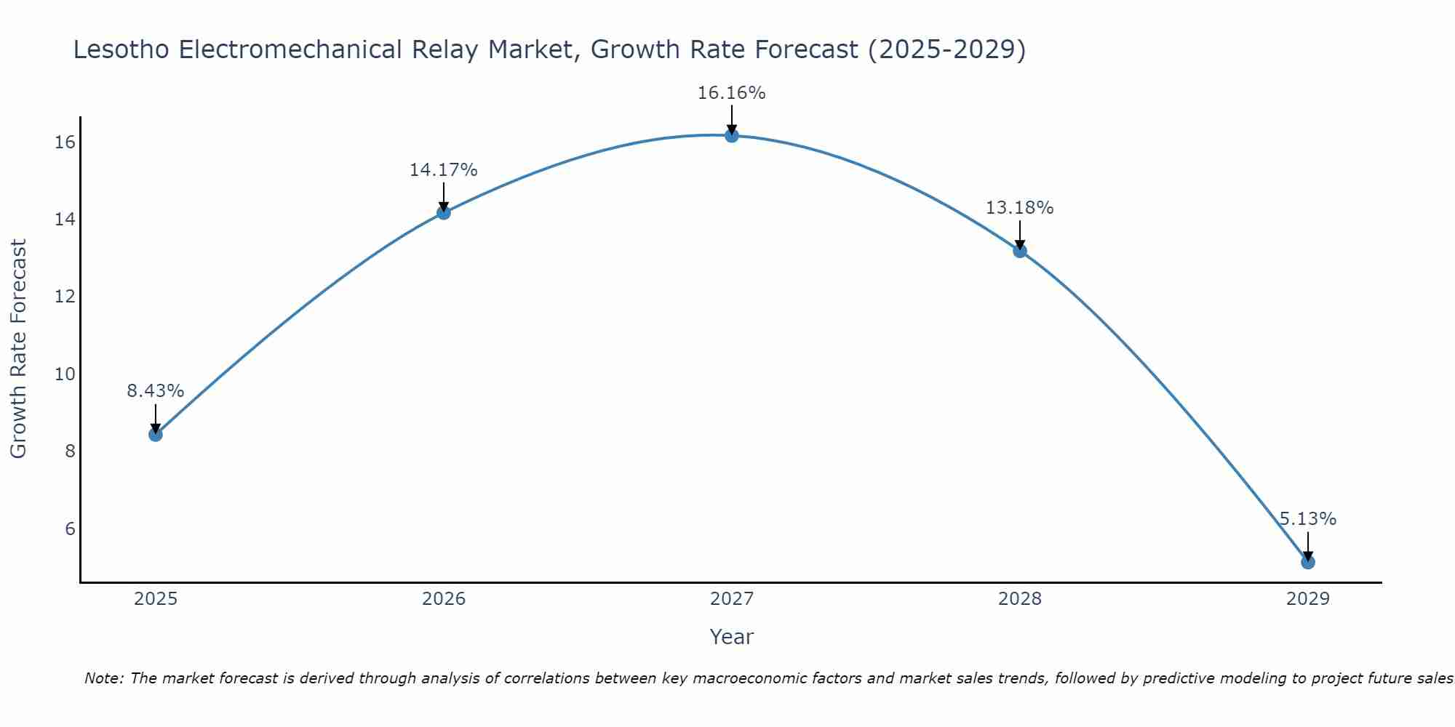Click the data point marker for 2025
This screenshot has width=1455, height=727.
pyautogui.click(x=155, y=435)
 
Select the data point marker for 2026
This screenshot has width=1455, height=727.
pyautogui.click(x=443, y=212)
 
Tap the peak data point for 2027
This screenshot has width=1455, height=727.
pyautogui.click(x=731, y=135)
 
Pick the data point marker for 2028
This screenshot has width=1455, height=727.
pyautogui.click(x=1019, y=251)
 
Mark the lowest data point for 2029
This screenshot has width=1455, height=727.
pyautogui.click(x=1307, y=562)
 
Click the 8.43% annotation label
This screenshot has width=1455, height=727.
pyautogui.click(x=155, y=391)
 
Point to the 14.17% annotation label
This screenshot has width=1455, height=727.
pyautogui.click(x=443, y=170)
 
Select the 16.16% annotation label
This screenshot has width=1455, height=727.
pyautogui.click(x=731, y=93)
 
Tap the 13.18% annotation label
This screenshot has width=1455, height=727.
pyautogui.click(x=1019, y=208)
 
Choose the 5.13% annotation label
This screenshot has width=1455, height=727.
pyautogui.click(x=1307, y=519)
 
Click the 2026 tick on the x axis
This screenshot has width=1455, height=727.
pyautogui.click(x=443, y=599)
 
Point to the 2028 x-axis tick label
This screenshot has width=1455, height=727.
pyautogui.click(x=1019, y=599)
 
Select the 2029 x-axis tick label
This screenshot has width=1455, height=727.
pyautogui.click(x=1307, y=599)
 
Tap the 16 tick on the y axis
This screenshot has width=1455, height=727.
pyautogui.click(x=65, y=142)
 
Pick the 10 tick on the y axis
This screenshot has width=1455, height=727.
pyautogui.click(x=65, y=374)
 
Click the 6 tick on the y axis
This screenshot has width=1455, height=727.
pyautogui.click(x=70, y=529)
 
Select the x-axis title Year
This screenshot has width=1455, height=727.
pyautogui.click(x=731, y=637)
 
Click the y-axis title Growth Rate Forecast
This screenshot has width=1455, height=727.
pyautogui.click(x=19, y=349)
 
